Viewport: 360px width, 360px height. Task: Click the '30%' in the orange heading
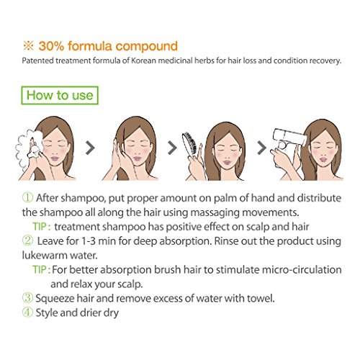tap(51, 46)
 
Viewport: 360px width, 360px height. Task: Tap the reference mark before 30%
tap(28, 45)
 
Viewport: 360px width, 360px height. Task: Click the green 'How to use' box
tap(60, 95)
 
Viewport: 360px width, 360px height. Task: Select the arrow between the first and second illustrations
tap(90, 148)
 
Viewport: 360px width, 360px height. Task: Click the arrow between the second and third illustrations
tap(172, 148)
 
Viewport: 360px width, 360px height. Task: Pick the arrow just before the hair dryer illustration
tap(262, 148)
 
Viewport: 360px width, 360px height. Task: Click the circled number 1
tap(27, 197)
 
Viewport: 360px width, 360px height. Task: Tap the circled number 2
tap(27, 240)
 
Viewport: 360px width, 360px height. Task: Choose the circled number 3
tap(27, 298)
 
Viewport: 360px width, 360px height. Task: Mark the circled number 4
tap(27, 312)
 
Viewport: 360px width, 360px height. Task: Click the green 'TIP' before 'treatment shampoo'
tap(40, 227)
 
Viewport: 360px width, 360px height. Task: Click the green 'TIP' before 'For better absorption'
tap(40, 270)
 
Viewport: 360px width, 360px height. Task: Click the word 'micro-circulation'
tap(302, 270)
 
